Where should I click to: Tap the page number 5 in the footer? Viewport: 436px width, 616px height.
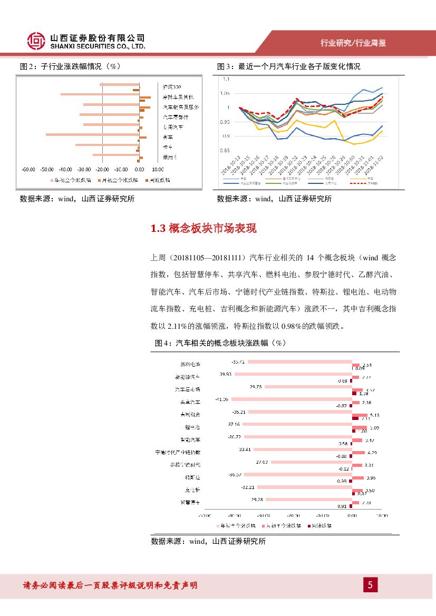coord(370,584)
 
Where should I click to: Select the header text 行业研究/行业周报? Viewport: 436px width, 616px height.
coord(353,43)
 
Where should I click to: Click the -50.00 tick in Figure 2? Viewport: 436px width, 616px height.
coord(47,170)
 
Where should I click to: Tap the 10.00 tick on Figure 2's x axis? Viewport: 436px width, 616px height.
coord(157,170)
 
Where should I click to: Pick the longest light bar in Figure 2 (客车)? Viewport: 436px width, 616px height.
coord(92,134)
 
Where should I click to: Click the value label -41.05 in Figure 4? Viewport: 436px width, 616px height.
coord(221,399)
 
